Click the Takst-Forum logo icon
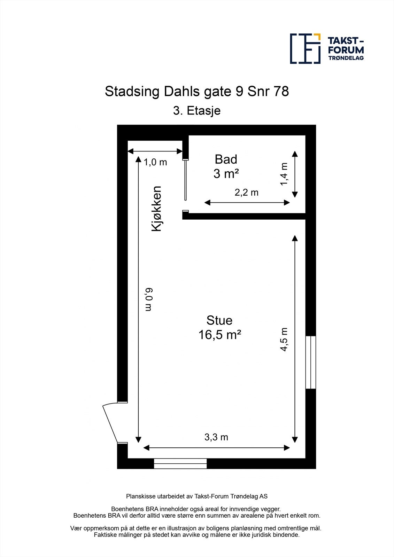pos(305,49)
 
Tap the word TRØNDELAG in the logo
pos(346,58)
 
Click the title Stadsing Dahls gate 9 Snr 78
pos(197,92)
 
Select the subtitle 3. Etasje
pos(197,111)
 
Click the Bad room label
pos(226,159)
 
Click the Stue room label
pos(219,320)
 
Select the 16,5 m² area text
pos(219,335)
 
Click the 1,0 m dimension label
pos(155,162)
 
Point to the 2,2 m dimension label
pos(247,193)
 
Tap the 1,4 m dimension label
pos(285,174)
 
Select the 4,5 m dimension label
pos(285,339)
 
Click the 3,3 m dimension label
pos(216,437)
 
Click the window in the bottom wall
pos(180,464)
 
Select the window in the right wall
pos(310,362)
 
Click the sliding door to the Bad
pos(185,180)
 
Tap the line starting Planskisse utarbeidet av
pos(197,496)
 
